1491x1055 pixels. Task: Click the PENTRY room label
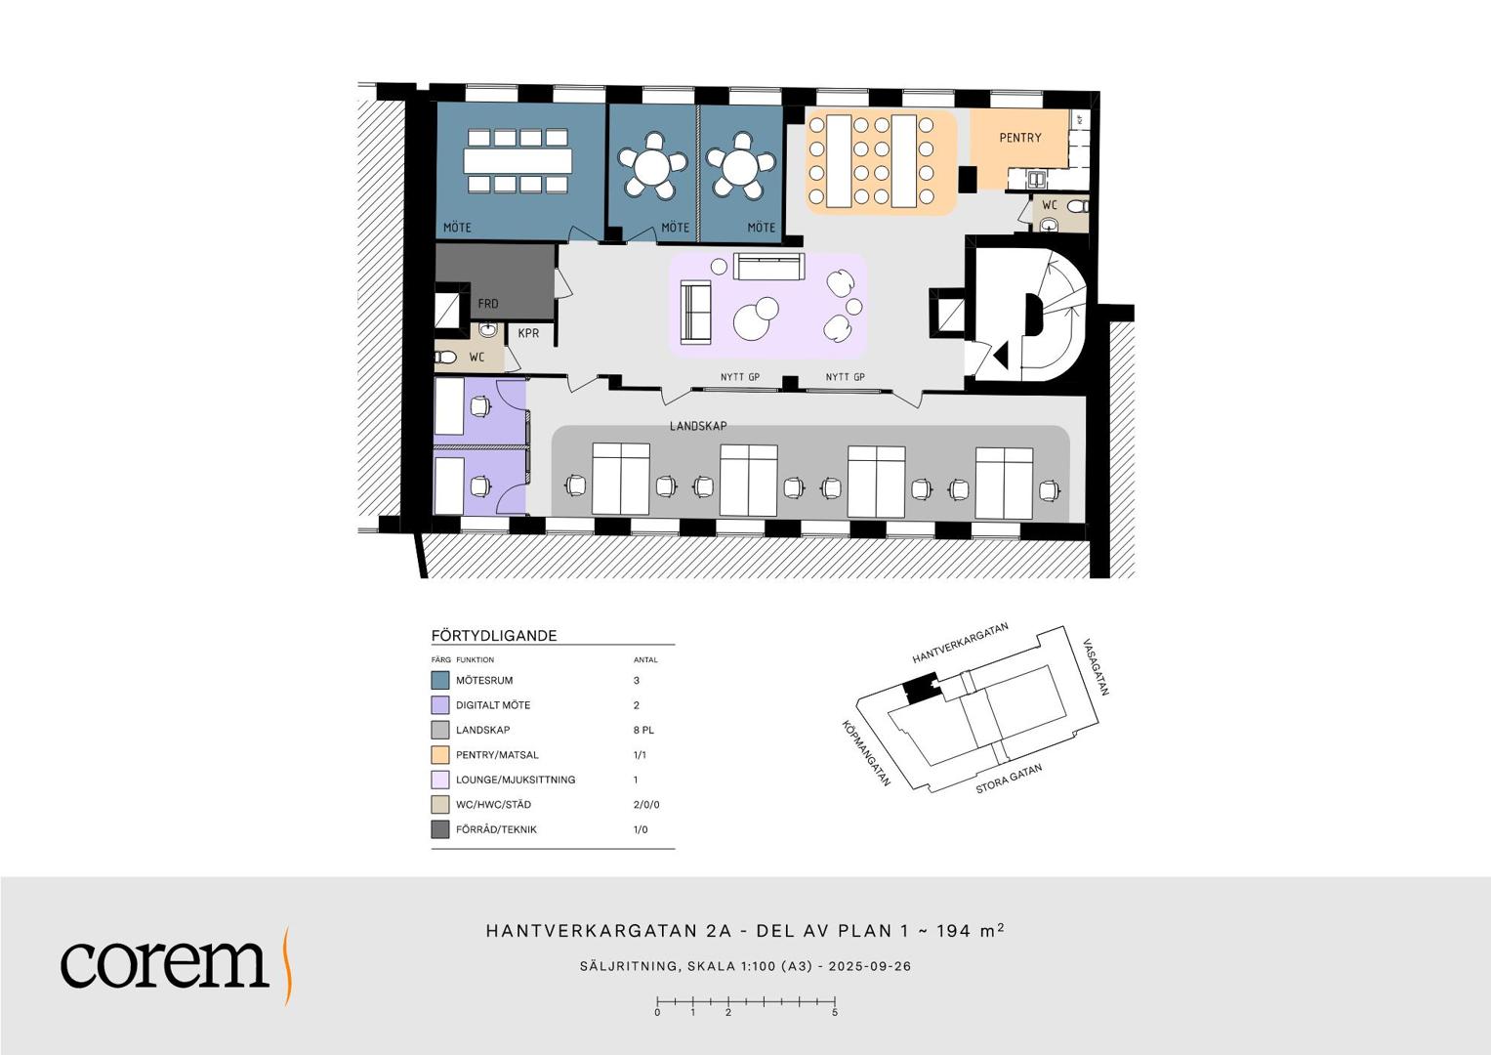[x=1019, y=137]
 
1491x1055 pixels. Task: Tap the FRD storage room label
[x=488, y=304]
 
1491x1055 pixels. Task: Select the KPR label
[x=528, y=333]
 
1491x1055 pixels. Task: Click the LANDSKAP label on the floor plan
[x=698, y=426]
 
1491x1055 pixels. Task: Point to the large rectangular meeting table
[x=518, y=160]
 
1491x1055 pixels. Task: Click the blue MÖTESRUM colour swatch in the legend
[x=440, y=680]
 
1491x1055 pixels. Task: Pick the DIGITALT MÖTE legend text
[x=492, y=704]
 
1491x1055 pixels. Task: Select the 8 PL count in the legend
[x=643, y=730]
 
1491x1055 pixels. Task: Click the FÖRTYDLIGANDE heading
[x=494, y=635]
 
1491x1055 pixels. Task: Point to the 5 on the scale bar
[x=835, y=1012]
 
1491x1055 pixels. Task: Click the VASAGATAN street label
[x=1096, y=666]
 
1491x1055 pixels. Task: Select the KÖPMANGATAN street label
[x=866, y=752]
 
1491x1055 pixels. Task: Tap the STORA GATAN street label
[x=1009, y=779]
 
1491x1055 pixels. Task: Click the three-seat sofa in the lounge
[x=768, y=266]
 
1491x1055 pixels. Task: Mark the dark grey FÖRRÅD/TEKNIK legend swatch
[x=440, y=829]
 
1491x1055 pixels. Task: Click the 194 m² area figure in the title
[x=971, y=930]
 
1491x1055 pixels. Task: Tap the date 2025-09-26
[x=869, y=966]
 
